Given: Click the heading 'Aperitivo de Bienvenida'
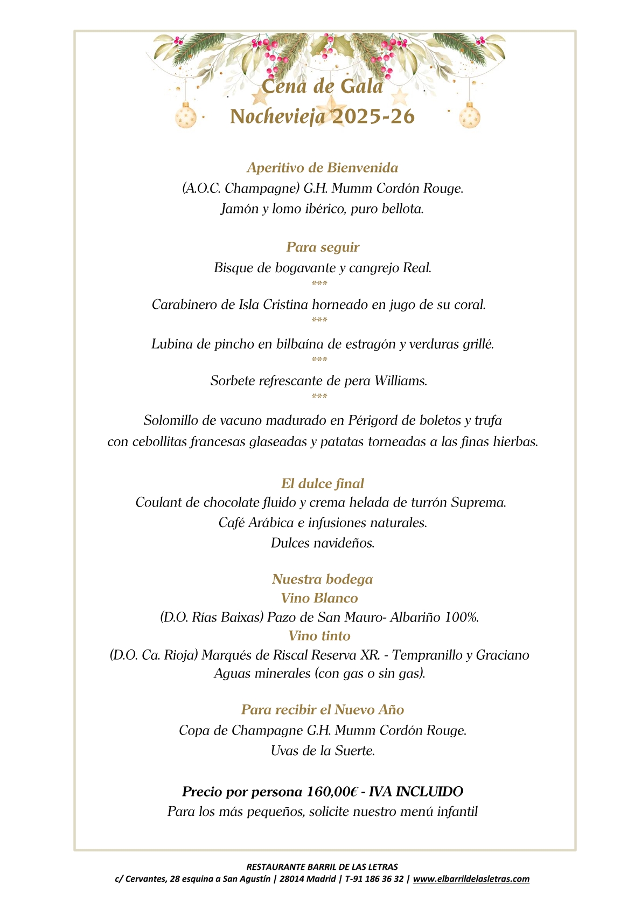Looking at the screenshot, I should pyautogui.click(x=322, y=168).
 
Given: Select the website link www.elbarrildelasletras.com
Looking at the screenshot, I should pyautogui.click(x=471, y=879).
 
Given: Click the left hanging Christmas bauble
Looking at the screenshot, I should pyautogui.click(x=186, y=116).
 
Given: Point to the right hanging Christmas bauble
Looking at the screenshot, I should pyautogui.click(x=469, y=116).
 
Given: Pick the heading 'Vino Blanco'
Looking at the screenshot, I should pyautogui.click(x=319, y=598).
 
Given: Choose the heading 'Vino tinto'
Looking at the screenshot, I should pyautogui.click(x=319, y=636).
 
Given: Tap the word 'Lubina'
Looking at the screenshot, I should pyautogui.click(x=172, y=344).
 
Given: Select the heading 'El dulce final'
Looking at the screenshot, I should pyautogui.click(x=323, y=483).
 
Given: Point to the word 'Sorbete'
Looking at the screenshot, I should pyautogui.click(x=233, y=381).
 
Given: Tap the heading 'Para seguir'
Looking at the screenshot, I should pyautogui.click(x=323, y=247).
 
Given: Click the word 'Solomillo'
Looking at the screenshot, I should pyautogui.click(x=171, y=420).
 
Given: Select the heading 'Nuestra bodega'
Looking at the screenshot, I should pyautogui.click(x=322, y=579).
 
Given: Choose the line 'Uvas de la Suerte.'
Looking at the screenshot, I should pyautogui.click(x=323, y=751).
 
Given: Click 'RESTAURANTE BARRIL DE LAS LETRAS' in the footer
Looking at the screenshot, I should pyautogui.click(x=322, y=867).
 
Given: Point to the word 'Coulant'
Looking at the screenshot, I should pyautogui.click(x=159, y=503).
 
